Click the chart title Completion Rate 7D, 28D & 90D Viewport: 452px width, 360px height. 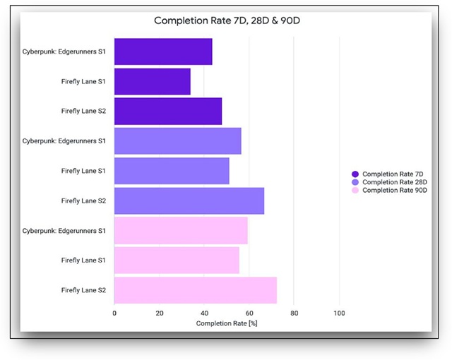pos(227,20)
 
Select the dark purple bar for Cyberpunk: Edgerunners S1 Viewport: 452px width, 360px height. pos(163,52)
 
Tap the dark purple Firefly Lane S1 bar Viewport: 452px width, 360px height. pos(153,81)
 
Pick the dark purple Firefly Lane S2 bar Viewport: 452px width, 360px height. pos(168,111)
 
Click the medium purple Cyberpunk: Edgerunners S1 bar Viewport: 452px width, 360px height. pos(177,141)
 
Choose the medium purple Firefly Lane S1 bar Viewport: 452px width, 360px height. pos(172,171)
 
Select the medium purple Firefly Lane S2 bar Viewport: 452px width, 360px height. pos(189,200)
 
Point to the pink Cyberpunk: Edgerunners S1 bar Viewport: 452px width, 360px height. pos(181,231)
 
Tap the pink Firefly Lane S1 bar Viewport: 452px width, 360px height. pos(177,260)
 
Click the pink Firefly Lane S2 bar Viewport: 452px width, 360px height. pos(196,290)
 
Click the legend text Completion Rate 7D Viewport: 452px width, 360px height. pos(393,174)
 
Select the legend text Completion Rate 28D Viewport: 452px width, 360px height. pos(395,182)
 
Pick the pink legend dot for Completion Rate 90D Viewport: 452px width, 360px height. pos(355,191)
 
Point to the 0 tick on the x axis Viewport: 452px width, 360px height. pos(114,313)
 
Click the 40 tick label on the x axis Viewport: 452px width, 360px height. pos(204,313)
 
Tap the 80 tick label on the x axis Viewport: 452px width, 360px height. pos(294,313)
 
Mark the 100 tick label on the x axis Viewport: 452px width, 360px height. pos(339,313)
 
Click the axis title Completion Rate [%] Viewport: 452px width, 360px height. pos(227,323)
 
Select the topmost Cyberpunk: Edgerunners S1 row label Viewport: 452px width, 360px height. pos(64,52)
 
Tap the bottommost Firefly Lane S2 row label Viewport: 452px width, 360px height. pos(83,290)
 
